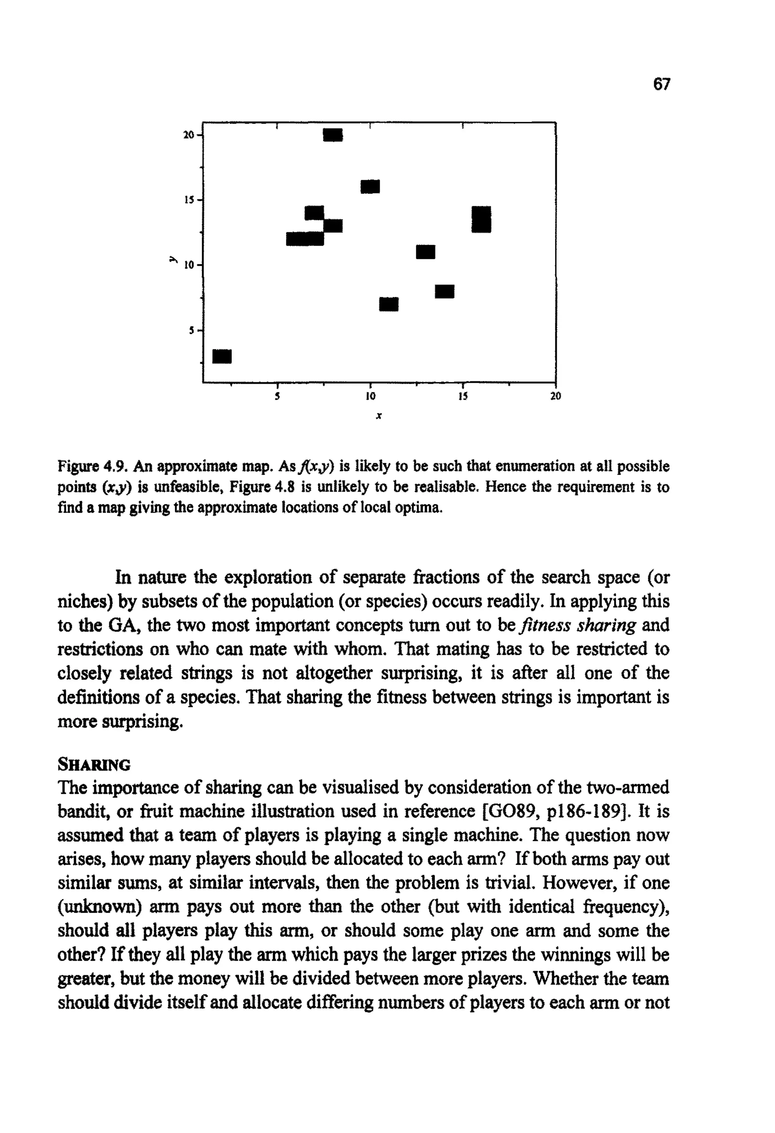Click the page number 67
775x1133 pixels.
pyautogui.click(x=662, y=84)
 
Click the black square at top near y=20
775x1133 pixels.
pyautogui.click(x=333, y=135)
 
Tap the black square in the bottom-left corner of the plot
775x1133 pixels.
pyautogui.click(x=222, y=356)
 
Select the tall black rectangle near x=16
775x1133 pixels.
pyautogui.click(x=481, y=219)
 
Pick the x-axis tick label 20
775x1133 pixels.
pyautogui.click(x=556, y=396)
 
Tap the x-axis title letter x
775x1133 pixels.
pyautogui.click(x=378, y=416)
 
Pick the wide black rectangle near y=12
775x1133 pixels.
pyautogui.click(x=305, y=239)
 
